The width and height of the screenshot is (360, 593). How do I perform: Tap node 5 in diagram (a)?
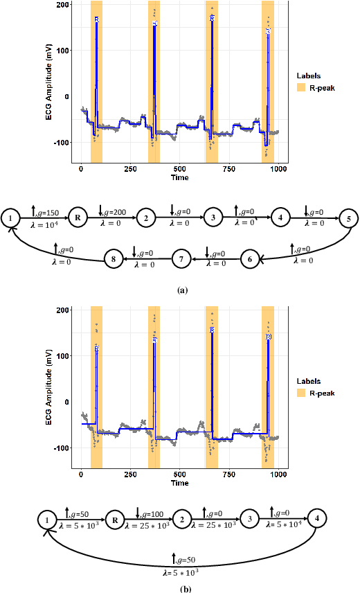(x=349, y=218)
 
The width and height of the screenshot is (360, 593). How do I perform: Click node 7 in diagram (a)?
(x=181, y=259)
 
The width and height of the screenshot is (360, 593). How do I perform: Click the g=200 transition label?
(x=114, y=210)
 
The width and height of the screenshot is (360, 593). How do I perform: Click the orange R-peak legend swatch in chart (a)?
(x=300, y=88)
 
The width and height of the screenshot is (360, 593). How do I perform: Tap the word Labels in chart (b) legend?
(x=309, y=381)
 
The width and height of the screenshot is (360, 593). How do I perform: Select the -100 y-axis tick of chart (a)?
(x=64, y=142)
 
